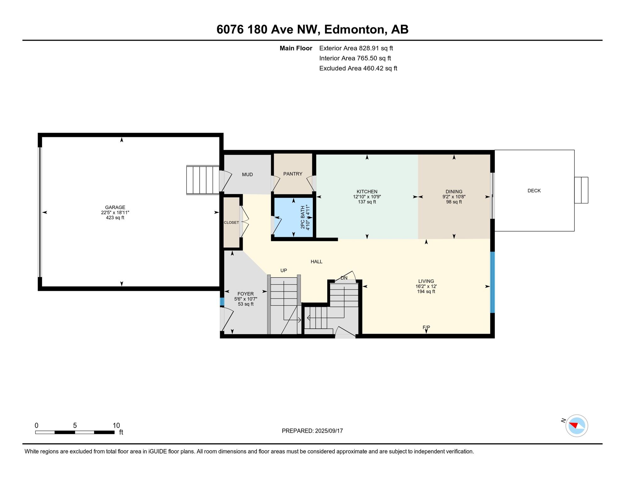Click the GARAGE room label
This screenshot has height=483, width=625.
(115, 207)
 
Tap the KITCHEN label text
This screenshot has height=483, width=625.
(367, 192)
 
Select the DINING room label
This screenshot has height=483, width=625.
(454, 192)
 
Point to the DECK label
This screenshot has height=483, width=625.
(534, 191)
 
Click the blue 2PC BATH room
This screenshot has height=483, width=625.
(294, 217)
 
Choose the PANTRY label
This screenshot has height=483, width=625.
(293, 174)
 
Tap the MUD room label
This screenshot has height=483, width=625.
(247, 175)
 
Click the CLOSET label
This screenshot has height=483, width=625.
(231, 222)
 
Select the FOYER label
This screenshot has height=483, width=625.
(246, 294)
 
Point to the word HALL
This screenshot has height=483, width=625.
(317, 262)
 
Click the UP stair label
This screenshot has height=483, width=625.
(284, 270)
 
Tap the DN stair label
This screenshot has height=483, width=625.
(344, 278)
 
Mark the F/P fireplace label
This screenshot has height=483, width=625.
(426, 327)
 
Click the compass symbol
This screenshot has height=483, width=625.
(577, 426)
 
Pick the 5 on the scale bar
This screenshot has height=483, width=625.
(75, 425)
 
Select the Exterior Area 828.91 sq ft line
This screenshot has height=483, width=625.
(356, 48)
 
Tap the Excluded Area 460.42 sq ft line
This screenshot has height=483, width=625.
(358, 68)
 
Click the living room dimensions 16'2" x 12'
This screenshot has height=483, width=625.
(426, 286)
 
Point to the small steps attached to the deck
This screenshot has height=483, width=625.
(581, 190)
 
